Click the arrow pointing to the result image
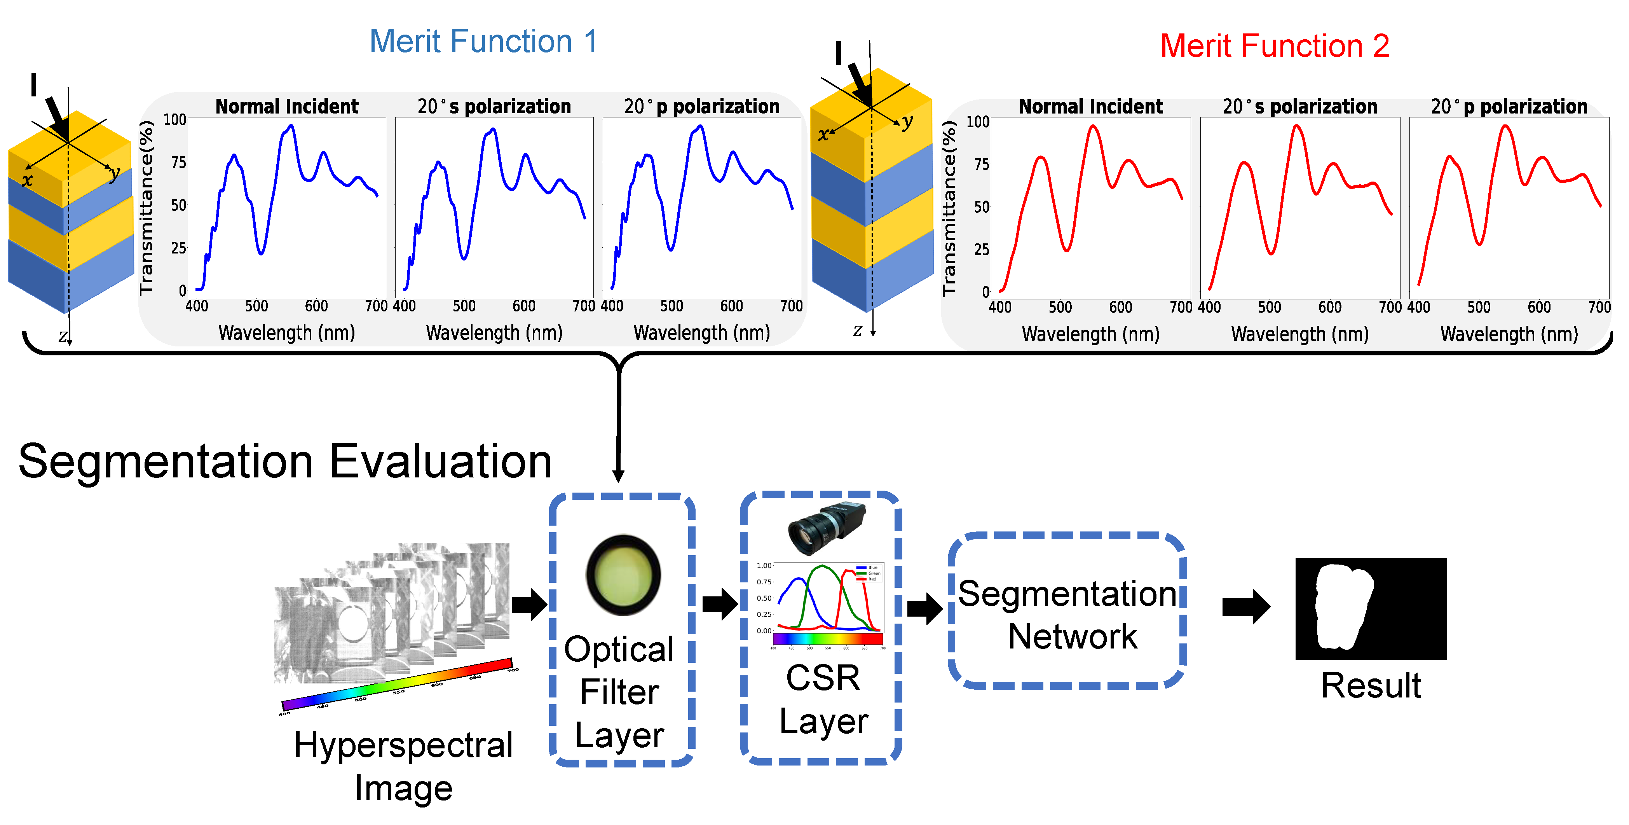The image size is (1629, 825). click(x=1245, y=607)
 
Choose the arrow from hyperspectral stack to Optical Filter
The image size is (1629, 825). click(x=528, y=604)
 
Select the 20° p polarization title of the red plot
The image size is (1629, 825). click(x=1509, y=106)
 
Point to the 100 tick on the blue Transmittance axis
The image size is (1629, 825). click(x=174, y=120)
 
